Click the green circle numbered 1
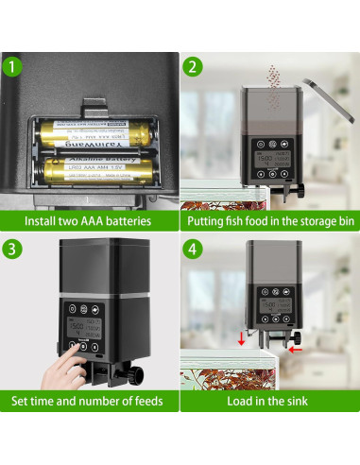click(x=13, y=67)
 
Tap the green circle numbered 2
click(x=193, y=67)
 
